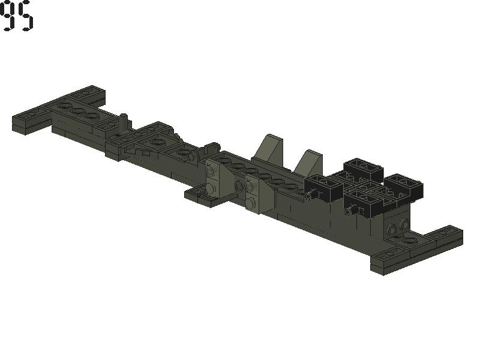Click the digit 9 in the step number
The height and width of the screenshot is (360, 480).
tap(7, 16)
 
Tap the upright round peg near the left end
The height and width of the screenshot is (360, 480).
tap(124, 122)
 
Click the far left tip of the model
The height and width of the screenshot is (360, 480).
tap(13, 118)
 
